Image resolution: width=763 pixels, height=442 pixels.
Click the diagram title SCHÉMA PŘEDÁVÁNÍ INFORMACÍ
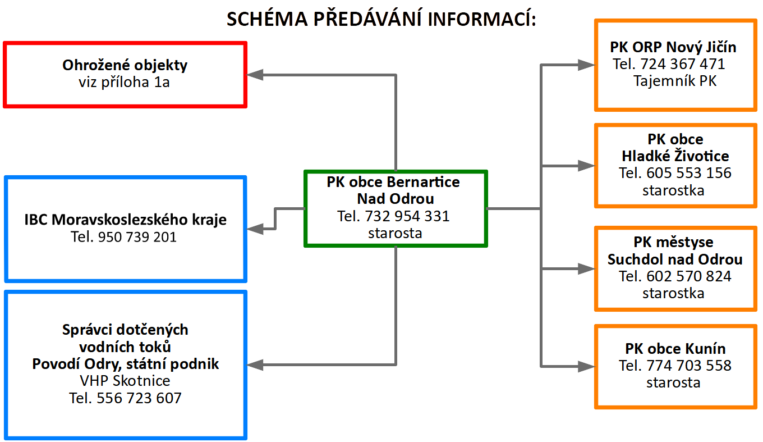381,19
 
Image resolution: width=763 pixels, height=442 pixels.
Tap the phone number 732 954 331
407,216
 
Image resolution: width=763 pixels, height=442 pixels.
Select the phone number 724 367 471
682,64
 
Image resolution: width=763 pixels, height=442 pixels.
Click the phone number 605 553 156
689,173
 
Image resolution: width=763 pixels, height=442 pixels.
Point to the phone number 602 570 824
689,276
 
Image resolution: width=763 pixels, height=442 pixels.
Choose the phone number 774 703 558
689,366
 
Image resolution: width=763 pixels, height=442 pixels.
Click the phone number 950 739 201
137,237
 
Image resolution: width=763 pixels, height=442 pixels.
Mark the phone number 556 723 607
139,398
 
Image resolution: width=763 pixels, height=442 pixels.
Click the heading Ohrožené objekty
125,65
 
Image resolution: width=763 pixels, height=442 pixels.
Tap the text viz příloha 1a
125,83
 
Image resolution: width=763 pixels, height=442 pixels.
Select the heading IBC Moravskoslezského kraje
126,220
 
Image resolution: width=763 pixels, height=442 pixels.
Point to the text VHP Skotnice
125,381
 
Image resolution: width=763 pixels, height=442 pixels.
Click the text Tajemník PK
675,81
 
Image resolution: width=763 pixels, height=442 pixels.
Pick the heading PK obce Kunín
675,349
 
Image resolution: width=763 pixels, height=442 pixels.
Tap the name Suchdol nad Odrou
675,259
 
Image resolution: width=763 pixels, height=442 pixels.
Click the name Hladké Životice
675,156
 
